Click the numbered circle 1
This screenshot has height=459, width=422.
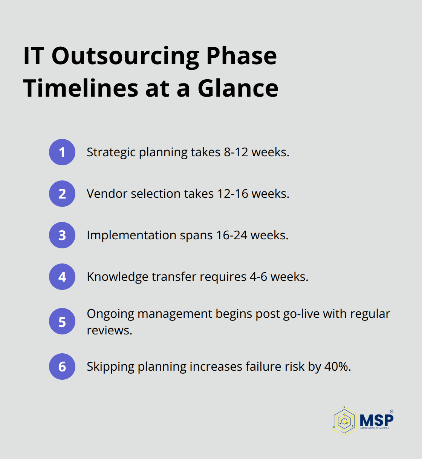click(62, 152)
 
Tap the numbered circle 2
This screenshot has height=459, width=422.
click(62, 194)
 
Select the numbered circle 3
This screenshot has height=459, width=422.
click(62, 235)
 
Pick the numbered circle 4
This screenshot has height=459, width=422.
click(62, 277)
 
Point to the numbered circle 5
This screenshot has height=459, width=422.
click(62, 322)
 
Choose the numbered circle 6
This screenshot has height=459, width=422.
click(62, 367)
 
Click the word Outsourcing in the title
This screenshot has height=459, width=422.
click(125, 56)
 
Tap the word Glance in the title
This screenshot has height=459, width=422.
click(238, 88)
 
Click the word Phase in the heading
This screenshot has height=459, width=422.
click(242, 56)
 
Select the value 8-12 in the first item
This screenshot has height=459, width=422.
click(236, 152)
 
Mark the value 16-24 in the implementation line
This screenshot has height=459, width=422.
click(232, 235)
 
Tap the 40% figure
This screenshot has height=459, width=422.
click(337, 367)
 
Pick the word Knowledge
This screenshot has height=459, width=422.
click(118, 277)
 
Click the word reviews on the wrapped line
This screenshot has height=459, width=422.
click(109, 330)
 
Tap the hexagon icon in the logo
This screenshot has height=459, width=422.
click(344, 421)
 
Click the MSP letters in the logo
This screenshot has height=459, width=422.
click(376, 419)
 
